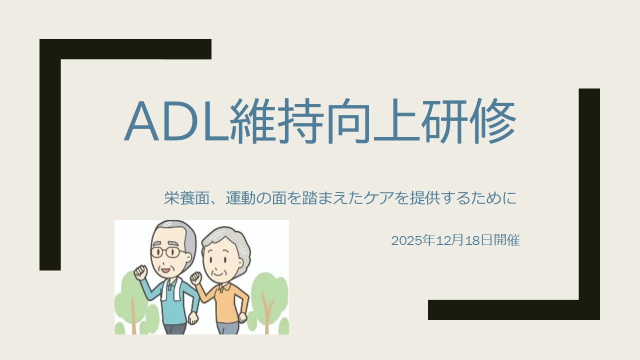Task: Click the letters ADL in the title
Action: [176, 120]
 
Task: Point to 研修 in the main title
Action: [468, 120]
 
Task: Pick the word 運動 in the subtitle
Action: [240, 197]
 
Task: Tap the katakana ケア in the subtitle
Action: [374, 197]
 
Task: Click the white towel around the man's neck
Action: [171, 288]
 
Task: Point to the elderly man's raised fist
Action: [141, 273]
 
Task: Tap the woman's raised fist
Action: [196, 278]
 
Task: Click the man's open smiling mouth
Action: [165, 269]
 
